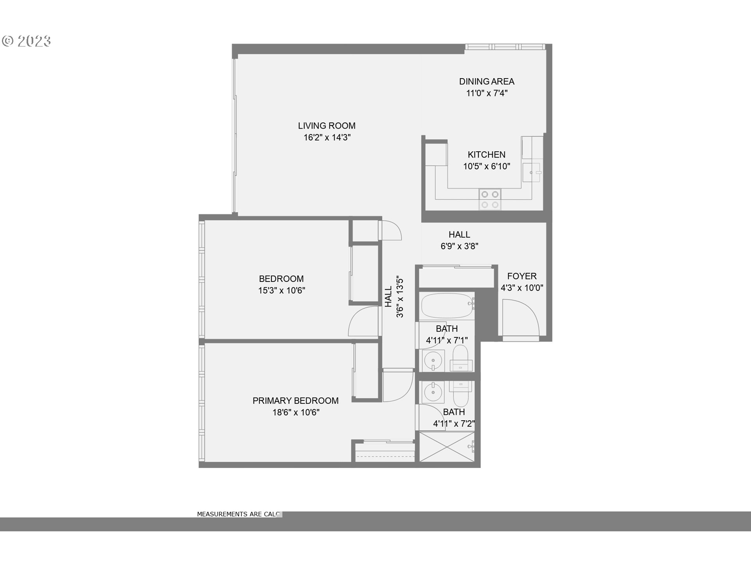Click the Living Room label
327,126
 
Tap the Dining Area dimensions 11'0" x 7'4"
487,93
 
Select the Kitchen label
487,155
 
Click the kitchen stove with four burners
490,199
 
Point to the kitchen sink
532,172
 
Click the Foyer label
522,276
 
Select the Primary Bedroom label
295,401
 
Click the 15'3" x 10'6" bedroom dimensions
281,290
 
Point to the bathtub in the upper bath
447,305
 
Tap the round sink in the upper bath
433,359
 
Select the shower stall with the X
447,446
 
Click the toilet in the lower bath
461,393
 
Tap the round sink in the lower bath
433,392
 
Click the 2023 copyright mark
27,41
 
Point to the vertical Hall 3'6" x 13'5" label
394,297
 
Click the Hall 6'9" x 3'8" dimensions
459,246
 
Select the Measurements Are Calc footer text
238,514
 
